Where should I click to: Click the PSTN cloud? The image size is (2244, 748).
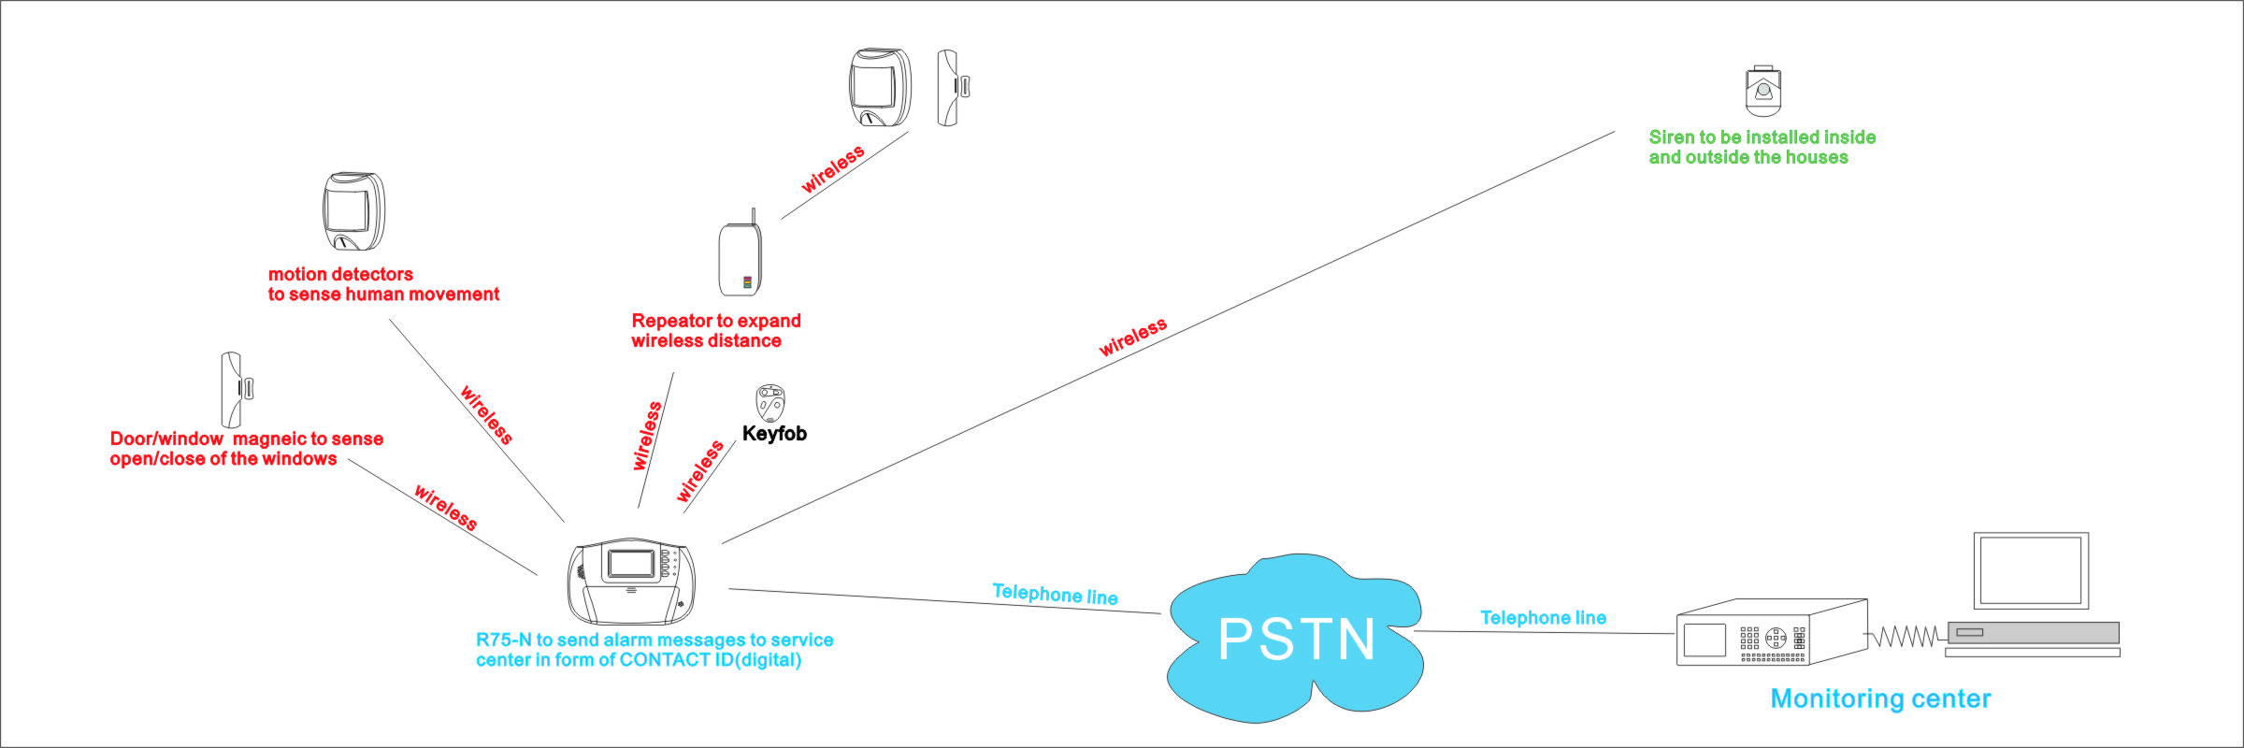click(x=1295, y=639)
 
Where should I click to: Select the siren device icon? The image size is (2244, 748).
click(x=1762, y=91)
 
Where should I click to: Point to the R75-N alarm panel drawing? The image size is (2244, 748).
click(x=631, y=582)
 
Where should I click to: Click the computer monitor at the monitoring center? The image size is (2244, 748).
click(x=2031, y=571)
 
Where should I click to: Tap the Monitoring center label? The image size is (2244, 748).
click(x=1880, y=698)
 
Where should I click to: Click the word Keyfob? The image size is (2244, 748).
click(x=774, y=433)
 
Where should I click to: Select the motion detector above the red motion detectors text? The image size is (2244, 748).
click(x=353, y=211)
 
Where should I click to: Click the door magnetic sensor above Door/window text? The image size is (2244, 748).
click(x=236, y=390)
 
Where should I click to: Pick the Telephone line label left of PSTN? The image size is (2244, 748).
click(x=1055, y=594)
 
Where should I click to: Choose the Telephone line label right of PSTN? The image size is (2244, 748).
click(x=1544, y=617)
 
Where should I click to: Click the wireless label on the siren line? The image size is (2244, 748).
click(x=1133, y=338)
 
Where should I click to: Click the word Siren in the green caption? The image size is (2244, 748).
click(x=1672, y=137)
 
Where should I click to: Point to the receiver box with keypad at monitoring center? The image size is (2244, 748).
click(x=1772, y=632)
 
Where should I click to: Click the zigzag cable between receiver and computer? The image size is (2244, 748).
click(x=1907, y=637)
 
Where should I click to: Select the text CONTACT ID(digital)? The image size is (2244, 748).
click(x=711, y=660)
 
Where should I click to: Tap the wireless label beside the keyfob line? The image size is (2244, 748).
click(x=700, y=470)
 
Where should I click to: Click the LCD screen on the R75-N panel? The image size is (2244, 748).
click(x=630, y=564)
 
